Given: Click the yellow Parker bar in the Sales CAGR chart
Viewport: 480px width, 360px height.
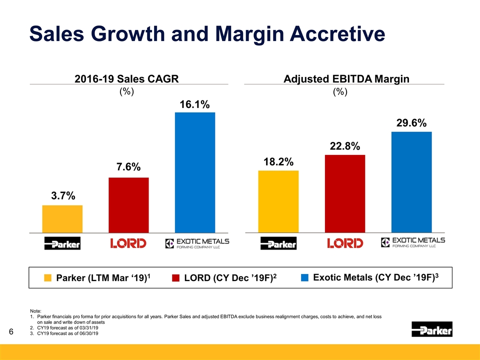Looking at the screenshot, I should coord(62,219).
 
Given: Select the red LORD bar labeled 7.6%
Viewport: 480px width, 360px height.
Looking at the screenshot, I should coord(128,205).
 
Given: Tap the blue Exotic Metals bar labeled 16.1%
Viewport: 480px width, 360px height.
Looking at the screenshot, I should coord(194,172).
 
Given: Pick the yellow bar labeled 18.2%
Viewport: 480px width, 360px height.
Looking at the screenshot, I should coord(278,201).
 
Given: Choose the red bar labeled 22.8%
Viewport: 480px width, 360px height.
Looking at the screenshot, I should coord(344,194).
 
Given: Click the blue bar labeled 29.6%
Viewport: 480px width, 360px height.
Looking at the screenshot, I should coord(411,182).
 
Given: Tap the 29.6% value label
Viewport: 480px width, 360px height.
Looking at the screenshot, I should coord(411,123).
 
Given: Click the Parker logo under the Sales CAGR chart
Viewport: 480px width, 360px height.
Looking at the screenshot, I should coord(62,243).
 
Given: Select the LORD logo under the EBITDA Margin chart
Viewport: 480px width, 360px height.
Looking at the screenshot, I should coord(344,243).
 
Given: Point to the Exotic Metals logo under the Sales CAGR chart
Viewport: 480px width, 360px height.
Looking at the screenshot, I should coord(197,243).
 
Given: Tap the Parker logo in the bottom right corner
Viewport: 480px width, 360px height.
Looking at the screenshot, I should coord(431,330).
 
